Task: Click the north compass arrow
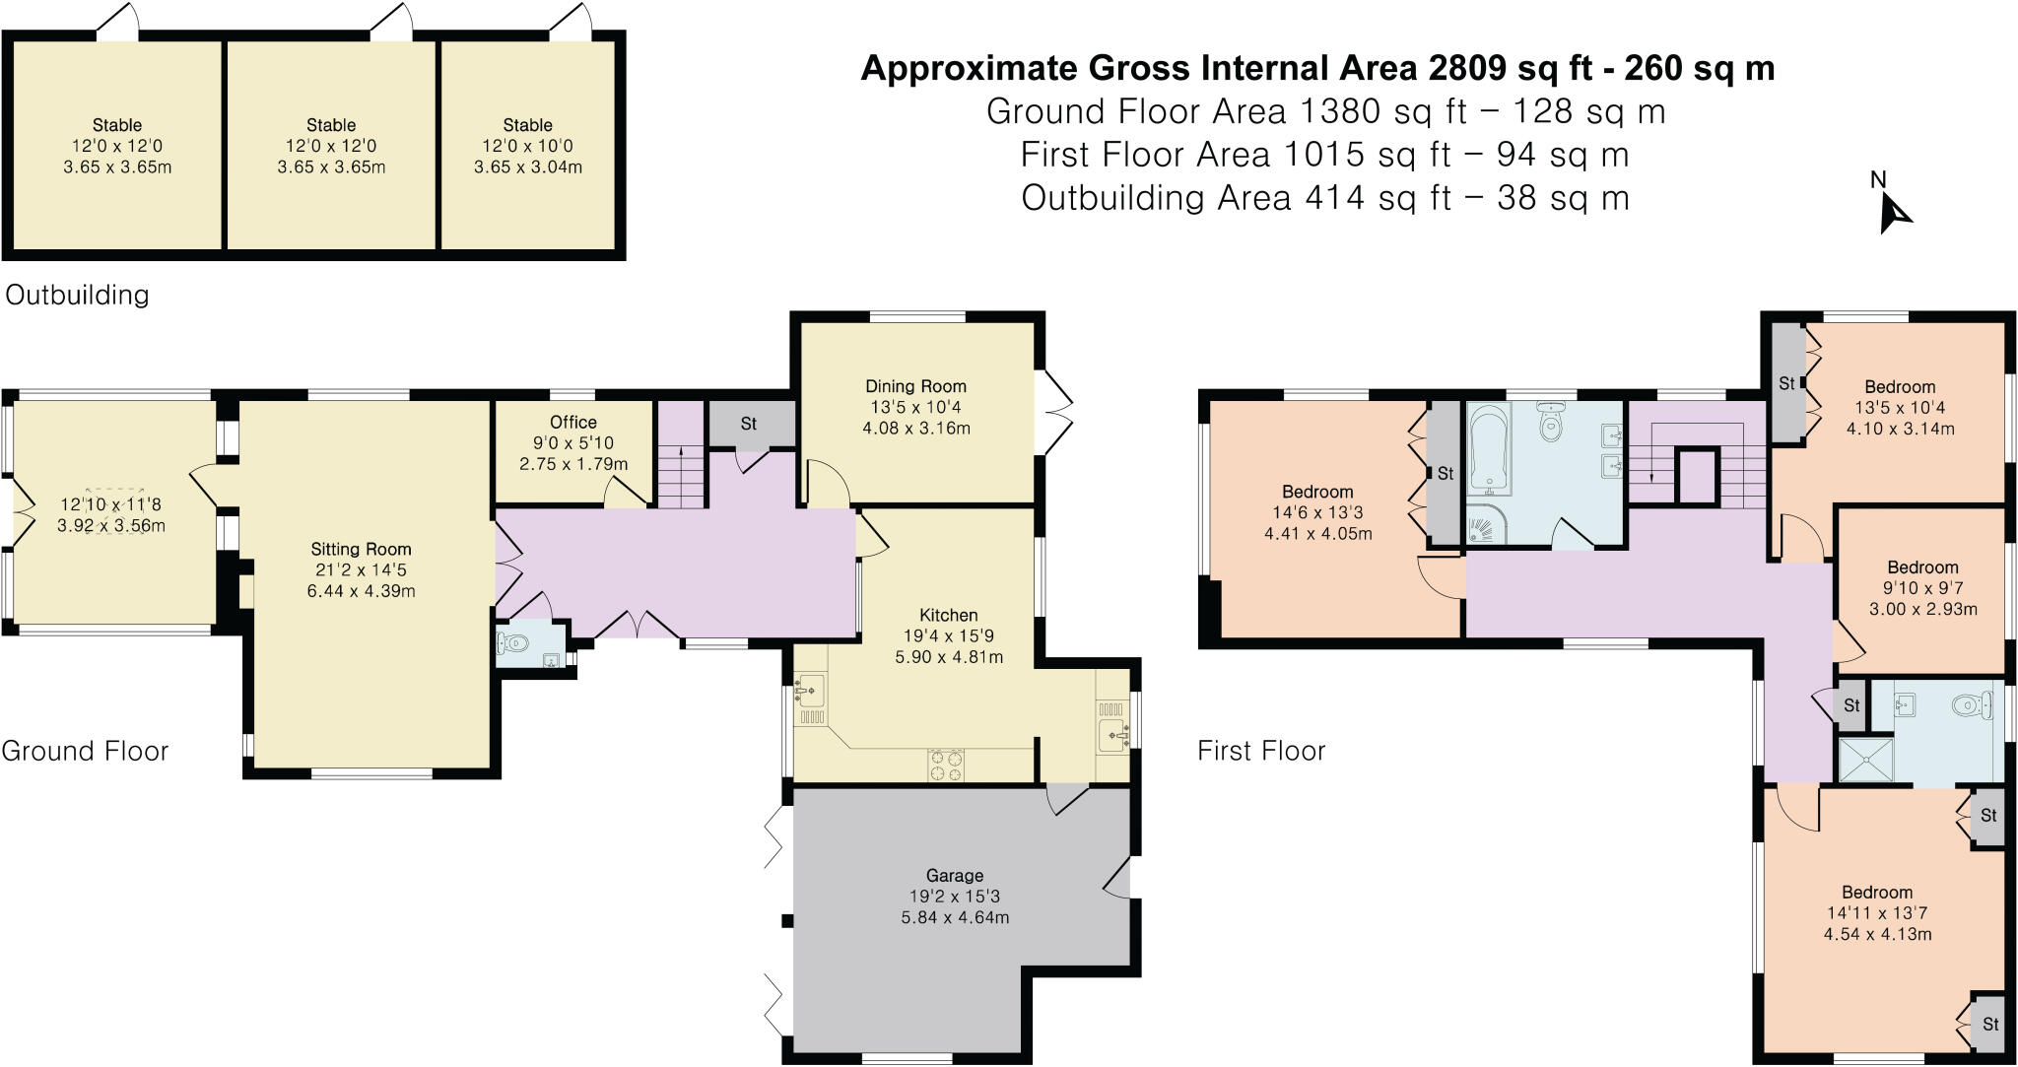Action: [x=1894, y=213]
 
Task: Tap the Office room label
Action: [x=572, y=422]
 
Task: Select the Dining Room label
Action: [x=915, y=386]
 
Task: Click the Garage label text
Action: [x=954, y=875]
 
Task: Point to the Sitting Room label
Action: [x=361, y=550]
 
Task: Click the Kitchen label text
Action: [x=948, y=615]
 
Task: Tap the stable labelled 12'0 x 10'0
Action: [x=527, y=146]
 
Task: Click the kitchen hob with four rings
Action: [x=945, y=766]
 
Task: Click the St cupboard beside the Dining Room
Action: [x=750, y=425]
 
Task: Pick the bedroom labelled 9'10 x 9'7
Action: [x=1922, y=588]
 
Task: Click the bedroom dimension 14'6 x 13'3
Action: [x=1317, y=512]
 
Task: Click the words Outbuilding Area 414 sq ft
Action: [x=1236, y=198]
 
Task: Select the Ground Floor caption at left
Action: [x=85, y=751]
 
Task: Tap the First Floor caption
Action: [x=1261, y=751]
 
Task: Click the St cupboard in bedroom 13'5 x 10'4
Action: [x=1786, y=383]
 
